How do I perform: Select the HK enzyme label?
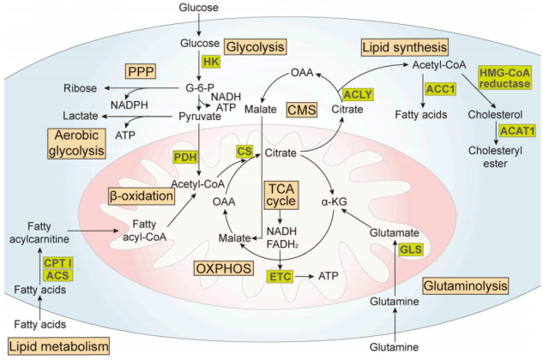(x=211, y=62)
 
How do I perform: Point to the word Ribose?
(x=80, y=88)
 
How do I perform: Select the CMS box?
(x=301, y=109)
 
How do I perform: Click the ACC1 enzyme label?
(x=441, y=89)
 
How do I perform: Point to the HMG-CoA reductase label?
(x=511, y=78)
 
